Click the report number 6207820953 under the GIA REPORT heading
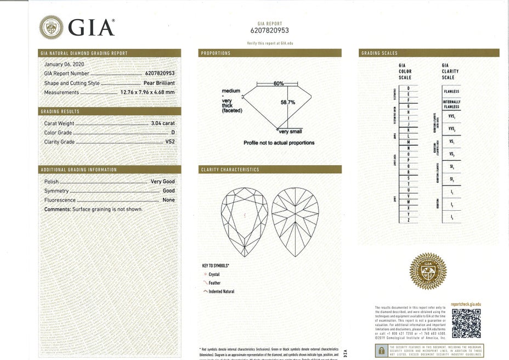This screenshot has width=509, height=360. coord(269,31)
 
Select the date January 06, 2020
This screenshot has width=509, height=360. coord(60,64)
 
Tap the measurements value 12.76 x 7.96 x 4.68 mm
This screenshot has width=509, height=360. coord(148,92)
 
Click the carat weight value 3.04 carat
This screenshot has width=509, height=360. coord(163,123)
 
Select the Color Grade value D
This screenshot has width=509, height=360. coord(173,133)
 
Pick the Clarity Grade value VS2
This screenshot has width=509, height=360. coord(170,142)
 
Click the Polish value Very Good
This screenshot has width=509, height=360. coord(163,182)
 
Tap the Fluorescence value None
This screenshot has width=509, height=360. coord(169,200)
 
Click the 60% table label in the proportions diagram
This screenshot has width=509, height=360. coord(278,83)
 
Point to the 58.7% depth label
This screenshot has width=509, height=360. coord(288,102)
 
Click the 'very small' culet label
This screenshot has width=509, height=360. coord(291,132)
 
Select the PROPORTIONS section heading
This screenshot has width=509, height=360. coord(216,53)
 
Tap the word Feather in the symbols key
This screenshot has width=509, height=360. coord(214,283)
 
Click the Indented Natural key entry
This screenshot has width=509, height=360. coord(221,291)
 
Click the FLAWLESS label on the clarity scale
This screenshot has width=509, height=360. coord(451,91)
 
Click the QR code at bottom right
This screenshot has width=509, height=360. coord(466,324)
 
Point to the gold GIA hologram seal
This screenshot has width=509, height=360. coord(428,271)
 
